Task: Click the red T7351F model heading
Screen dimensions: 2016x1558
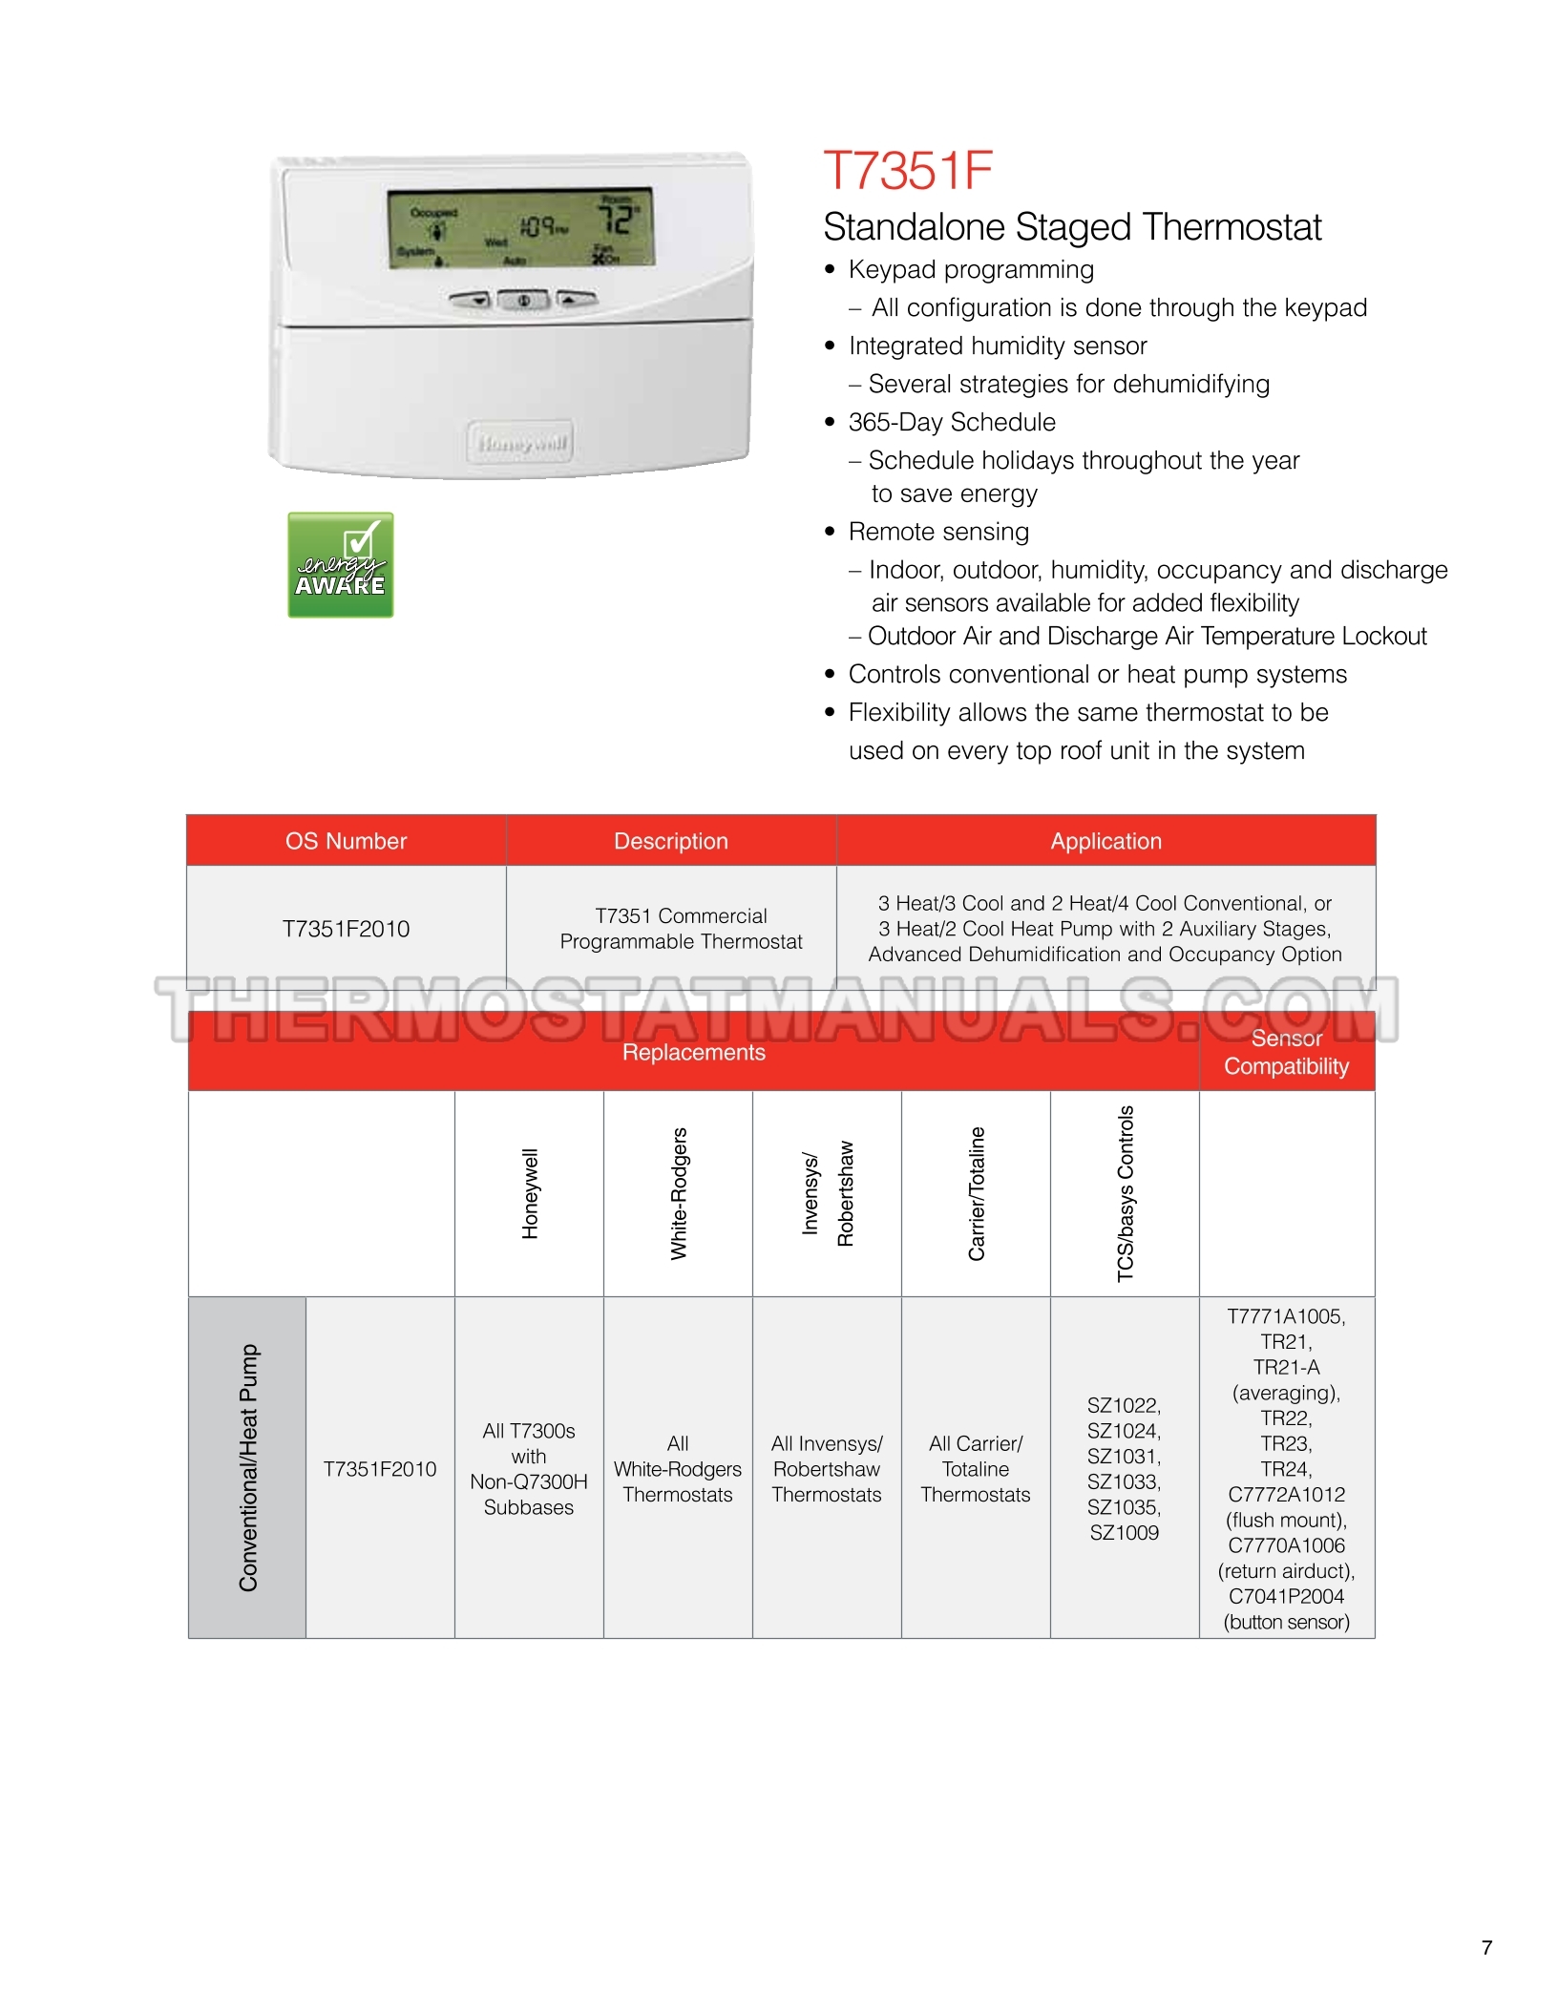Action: [x=907, y=171]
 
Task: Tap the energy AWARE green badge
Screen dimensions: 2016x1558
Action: [x=341, y=565]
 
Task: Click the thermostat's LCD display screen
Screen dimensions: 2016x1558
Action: [x=520, y=228]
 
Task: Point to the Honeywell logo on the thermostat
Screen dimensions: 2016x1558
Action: [x=521, y=442]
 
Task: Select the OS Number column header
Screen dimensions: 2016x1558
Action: [x=346, y=841]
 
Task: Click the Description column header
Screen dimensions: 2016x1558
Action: [x=670, y=841]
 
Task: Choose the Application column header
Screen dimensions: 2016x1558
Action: [x=1105, y=841]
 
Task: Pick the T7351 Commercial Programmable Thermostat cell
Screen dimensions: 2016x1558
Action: [x=681, y=929]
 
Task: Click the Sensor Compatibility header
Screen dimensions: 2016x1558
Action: [x=1286, y=1052]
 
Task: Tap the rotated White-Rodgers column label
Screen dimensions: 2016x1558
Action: [x=679, y=1193]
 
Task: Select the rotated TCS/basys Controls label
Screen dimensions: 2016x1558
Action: [x=1126, y=1193]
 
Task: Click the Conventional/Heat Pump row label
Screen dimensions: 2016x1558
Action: [x=248, y=1467]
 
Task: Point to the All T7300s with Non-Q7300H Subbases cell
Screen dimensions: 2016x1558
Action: [x=529, y=1469]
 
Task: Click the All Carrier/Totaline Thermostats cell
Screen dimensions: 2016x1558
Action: [x=975, y=1469]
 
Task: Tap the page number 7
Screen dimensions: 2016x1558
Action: [x=1486, y=1947]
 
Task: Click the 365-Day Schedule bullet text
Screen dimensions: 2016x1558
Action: [x=952, y=422]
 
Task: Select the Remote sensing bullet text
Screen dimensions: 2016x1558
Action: [x=938, y=532]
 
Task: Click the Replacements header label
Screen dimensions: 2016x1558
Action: [x=693, y=1052]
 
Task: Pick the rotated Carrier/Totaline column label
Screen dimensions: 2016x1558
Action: [x=977, y=1193]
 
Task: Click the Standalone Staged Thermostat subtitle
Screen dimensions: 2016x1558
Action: [x=1071, y=227]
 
